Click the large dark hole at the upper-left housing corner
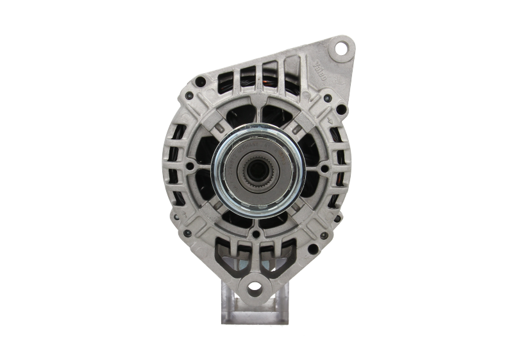(x=201, y=81)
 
